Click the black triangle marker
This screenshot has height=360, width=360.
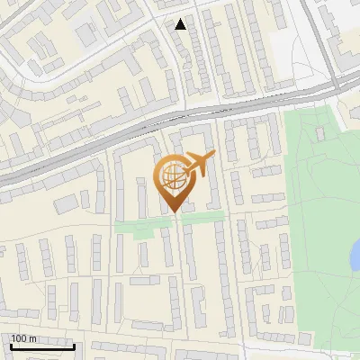click(181, 24)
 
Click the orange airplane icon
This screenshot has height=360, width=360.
click(198, 165)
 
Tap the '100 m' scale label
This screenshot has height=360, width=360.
click(23, 338)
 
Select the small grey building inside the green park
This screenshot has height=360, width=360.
click(320, 134)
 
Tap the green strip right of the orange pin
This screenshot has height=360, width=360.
click(209, 216)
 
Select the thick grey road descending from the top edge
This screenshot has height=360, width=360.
click(315, 36)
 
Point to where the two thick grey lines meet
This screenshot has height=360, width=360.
click(337, 82)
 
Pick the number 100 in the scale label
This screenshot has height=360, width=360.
click(20, 338)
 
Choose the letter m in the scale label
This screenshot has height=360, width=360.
click(33, 338)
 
